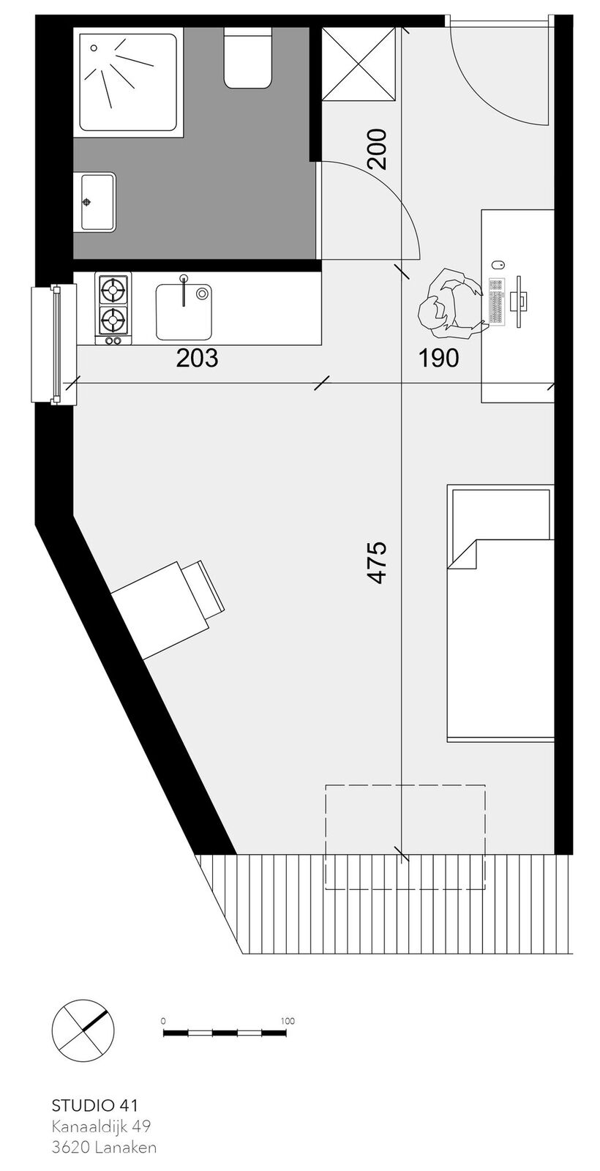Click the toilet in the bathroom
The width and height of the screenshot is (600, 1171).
point(248,58)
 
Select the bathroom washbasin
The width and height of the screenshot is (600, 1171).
point(97,202)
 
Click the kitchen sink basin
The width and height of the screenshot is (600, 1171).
point(184,312)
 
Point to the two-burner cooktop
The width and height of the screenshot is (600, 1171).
point(113,308)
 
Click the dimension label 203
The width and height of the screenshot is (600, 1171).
point(197,359)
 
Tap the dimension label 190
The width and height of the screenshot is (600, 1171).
point(439,358)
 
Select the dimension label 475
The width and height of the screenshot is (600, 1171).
point(377,562)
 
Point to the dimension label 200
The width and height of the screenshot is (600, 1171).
point(377,149)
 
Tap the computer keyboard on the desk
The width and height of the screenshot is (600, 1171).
point(498,301)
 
